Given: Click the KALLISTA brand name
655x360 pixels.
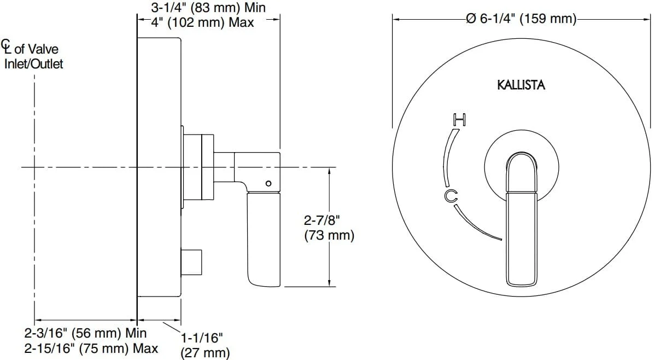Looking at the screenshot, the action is pos(521,85).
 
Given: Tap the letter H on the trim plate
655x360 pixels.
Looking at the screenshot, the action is pos(459,120).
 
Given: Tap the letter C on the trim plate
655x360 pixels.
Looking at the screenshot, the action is pos(451,195).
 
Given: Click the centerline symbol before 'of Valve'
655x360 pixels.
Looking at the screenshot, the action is pos(7,46).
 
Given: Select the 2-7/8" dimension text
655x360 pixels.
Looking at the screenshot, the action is pos(321,219).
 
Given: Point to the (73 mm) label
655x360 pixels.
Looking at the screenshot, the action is pos(329,235).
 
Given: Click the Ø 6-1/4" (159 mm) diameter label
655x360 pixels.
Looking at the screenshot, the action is pos(521,19).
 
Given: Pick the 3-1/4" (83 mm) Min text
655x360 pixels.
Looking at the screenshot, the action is pos(208,7).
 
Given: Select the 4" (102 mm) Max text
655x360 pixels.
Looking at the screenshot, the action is pos(203,22).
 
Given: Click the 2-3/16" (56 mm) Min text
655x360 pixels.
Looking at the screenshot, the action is pos(86,333).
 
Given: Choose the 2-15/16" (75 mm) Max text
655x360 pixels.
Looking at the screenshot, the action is pos(91,349).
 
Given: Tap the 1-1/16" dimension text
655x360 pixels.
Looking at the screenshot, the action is pos(202,338).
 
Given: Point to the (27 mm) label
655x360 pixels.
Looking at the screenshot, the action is pos(205,352).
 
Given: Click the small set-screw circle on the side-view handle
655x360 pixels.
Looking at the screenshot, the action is pos(268,183).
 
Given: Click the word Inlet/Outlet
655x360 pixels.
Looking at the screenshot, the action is pos(33,64).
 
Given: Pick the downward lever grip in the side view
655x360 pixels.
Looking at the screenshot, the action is pos(264,240).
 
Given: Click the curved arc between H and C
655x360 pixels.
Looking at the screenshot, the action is pos(447,158).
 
